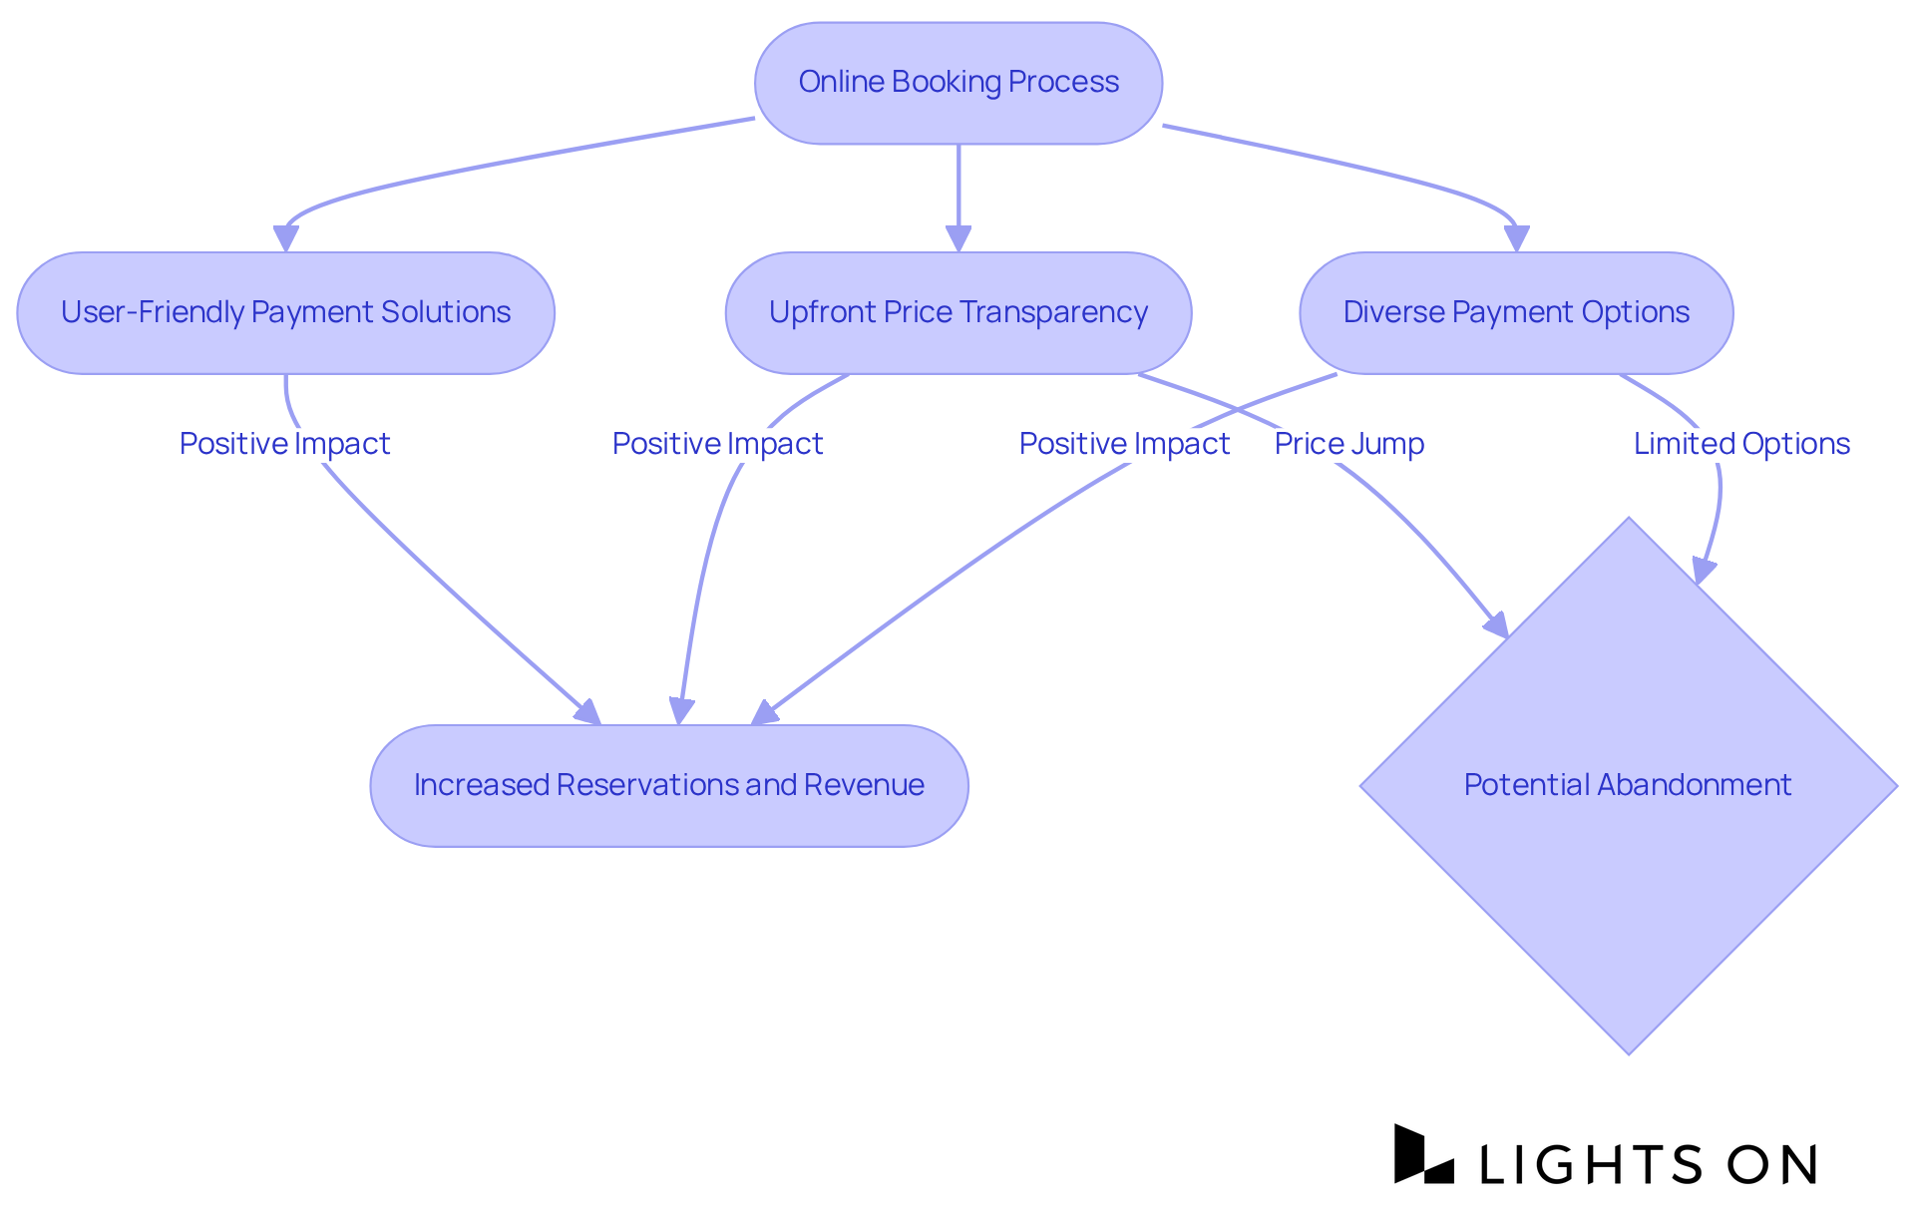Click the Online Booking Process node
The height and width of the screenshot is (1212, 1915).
(x=958, y=83)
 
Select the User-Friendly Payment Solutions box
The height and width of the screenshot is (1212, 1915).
(x=285, y=313)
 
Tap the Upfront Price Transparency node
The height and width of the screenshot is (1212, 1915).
(x=957, y=313)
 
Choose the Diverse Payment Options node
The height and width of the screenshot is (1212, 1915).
(x=1516, y=313)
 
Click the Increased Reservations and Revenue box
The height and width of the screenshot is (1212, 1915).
(x=668, y=786)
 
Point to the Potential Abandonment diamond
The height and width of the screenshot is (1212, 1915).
(x=1628, y=786)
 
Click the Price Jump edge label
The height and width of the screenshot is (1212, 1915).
(x=1348, y=444)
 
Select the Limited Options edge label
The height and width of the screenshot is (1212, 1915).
(x=1741, y=444)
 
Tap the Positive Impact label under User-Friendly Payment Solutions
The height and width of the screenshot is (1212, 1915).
(x=284, y=444)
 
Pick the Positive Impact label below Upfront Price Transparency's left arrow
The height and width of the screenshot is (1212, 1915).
(x=717, y=444)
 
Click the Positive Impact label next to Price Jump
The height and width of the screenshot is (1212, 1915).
(x=1124, y=444)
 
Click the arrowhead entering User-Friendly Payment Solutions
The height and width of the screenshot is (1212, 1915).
(x=286, y=239)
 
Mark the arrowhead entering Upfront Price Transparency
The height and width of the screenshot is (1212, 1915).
(x=958, y=239)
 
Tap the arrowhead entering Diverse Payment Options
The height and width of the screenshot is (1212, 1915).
(x=1516, y=239)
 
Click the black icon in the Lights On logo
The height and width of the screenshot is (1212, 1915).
(x=1422, y=1155)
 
